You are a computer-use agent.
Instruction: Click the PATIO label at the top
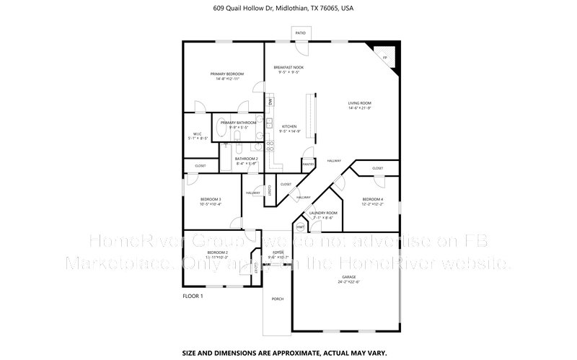(300, 32)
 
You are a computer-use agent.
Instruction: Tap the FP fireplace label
(385, 57)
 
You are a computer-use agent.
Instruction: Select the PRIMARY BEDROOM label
(227, 74)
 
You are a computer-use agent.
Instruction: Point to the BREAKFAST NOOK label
(288, 67)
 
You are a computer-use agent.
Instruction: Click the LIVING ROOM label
(361, 103)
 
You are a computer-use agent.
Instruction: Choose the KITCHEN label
(289, 126)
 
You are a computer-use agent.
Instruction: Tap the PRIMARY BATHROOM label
(239, 123)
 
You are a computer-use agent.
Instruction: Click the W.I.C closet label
(197, 133)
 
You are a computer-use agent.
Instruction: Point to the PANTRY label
(308, 164)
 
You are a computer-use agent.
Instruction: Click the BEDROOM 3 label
(210, 199)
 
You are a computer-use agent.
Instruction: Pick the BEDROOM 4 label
(372, 199)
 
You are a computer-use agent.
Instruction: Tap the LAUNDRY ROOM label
(323, 213)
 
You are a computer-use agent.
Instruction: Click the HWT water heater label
(300, 227)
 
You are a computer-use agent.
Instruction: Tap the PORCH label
(278, 299)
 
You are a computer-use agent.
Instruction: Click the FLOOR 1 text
(193, 297)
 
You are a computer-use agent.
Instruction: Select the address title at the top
(288, 9)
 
